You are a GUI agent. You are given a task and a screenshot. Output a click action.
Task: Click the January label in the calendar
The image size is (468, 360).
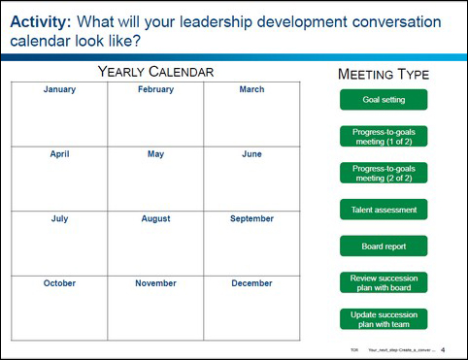59,90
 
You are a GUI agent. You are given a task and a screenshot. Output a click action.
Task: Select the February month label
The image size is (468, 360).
155,90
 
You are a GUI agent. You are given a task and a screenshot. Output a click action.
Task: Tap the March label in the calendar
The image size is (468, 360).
251,90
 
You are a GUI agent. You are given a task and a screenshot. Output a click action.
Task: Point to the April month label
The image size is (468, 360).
59,154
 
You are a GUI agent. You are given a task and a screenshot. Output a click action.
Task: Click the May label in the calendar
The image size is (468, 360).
155,154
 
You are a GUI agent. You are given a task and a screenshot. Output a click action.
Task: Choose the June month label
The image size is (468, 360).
251,154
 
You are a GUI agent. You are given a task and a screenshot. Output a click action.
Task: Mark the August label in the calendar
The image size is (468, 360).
155,219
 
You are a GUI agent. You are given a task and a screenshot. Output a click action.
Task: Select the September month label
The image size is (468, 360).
251,219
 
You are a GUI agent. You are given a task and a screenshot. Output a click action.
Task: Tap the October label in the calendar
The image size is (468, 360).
59,283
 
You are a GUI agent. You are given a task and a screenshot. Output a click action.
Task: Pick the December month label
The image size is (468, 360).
251,283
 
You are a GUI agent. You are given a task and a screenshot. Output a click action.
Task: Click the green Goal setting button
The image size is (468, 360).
383,100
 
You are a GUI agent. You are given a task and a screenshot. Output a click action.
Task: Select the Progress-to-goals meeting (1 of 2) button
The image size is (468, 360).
383,137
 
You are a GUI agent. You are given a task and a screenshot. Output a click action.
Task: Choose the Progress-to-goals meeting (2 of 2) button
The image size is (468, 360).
383,173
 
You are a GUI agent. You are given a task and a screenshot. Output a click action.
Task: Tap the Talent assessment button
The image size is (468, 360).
383,210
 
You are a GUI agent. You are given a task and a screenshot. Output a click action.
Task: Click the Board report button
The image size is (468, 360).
383,245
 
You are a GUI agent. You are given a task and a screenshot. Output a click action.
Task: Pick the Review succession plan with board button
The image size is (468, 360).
383,282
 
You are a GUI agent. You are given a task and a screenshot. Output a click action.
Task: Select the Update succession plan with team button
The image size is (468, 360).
383,319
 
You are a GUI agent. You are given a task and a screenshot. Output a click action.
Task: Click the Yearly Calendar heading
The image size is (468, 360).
155,72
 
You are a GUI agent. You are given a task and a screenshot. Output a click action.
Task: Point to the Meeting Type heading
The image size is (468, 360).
383,75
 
